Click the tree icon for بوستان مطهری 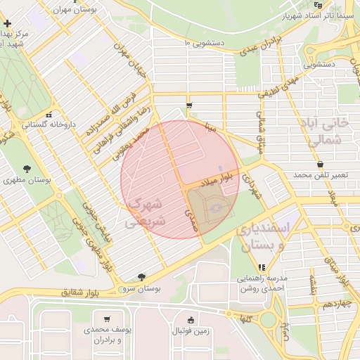click(27, 169)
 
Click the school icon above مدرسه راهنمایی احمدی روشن click(262, 267)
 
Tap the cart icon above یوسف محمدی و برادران click(107, 319)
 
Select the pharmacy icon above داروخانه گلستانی click(48, 115)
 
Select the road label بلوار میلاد click(214, 181)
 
